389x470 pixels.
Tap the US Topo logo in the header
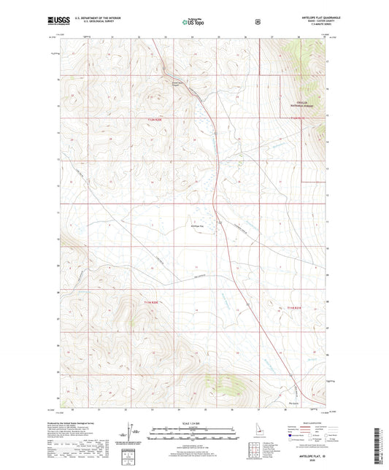193,23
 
